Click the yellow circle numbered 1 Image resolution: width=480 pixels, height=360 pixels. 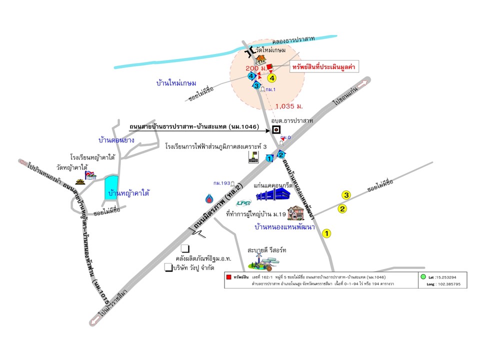click(327, 233)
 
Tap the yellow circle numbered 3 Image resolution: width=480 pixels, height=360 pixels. click(345, 195)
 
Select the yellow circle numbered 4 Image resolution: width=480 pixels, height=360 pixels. click(272, 78)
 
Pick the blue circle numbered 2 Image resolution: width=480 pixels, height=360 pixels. click(281, 154)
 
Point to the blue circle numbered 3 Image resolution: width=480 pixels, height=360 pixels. click(256, 86)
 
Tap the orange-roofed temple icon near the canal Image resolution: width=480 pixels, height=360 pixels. click(260, 59)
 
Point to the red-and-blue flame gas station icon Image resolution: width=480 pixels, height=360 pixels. click(208, 198)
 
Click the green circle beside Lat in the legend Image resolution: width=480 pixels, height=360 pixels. click(423, 276)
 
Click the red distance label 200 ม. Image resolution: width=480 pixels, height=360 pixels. click(254, 68)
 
